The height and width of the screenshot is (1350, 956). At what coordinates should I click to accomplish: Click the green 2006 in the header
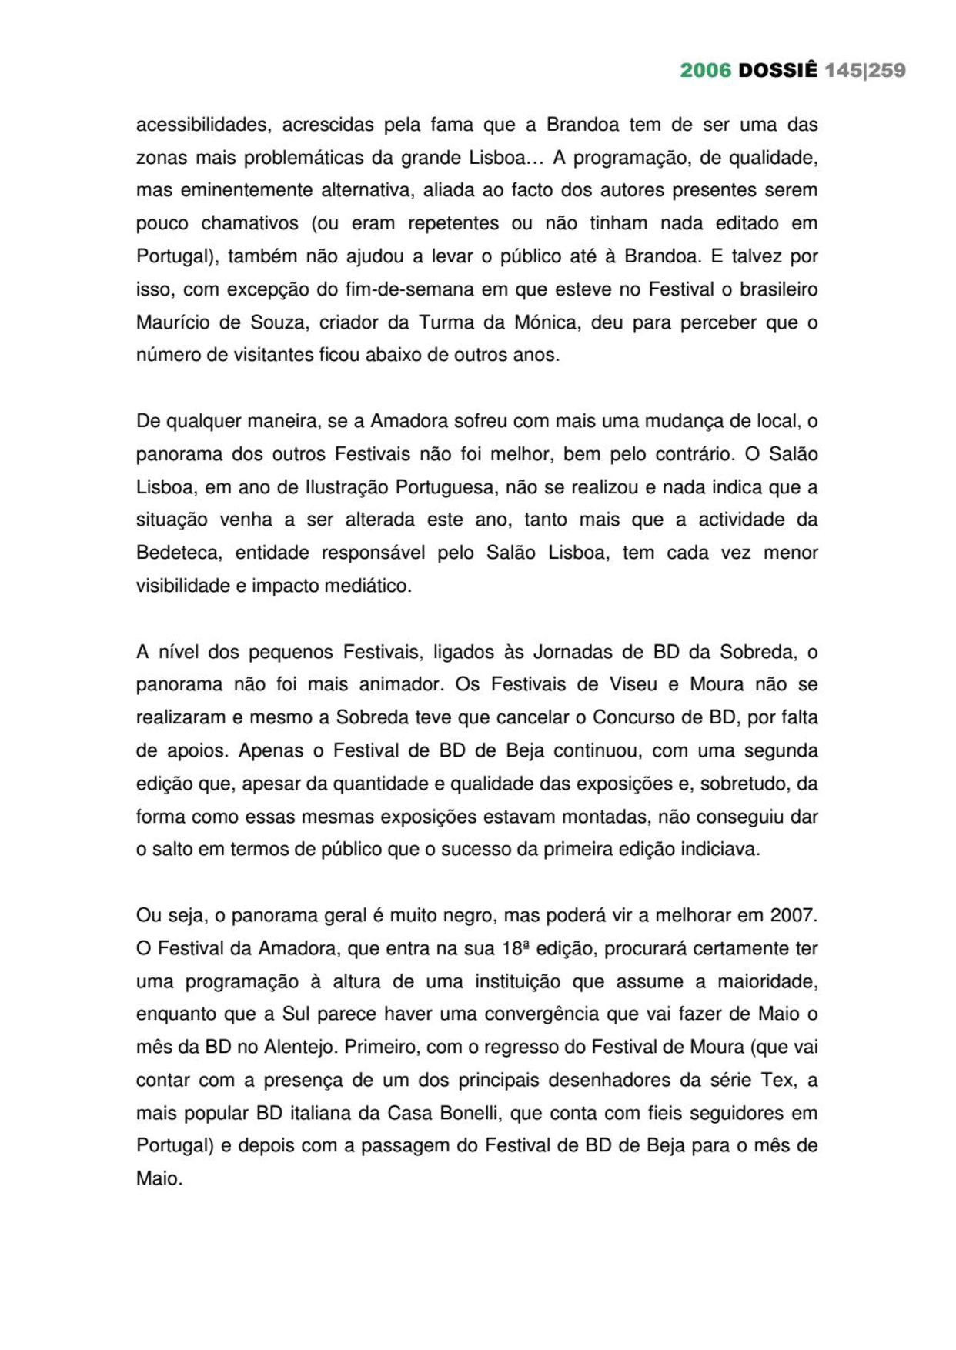[705, 71]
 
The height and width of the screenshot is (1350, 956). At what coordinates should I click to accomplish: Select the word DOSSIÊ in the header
[777, 71]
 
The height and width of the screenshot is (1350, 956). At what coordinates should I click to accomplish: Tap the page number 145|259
[865, 71]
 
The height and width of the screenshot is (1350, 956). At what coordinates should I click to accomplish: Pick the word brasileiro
[778, 289]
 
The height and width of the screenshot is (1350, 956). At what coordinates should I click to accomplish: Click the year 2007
[793, 915]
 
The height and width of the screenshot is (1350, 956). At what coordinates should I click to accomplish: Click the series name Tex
[777, 1080]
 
